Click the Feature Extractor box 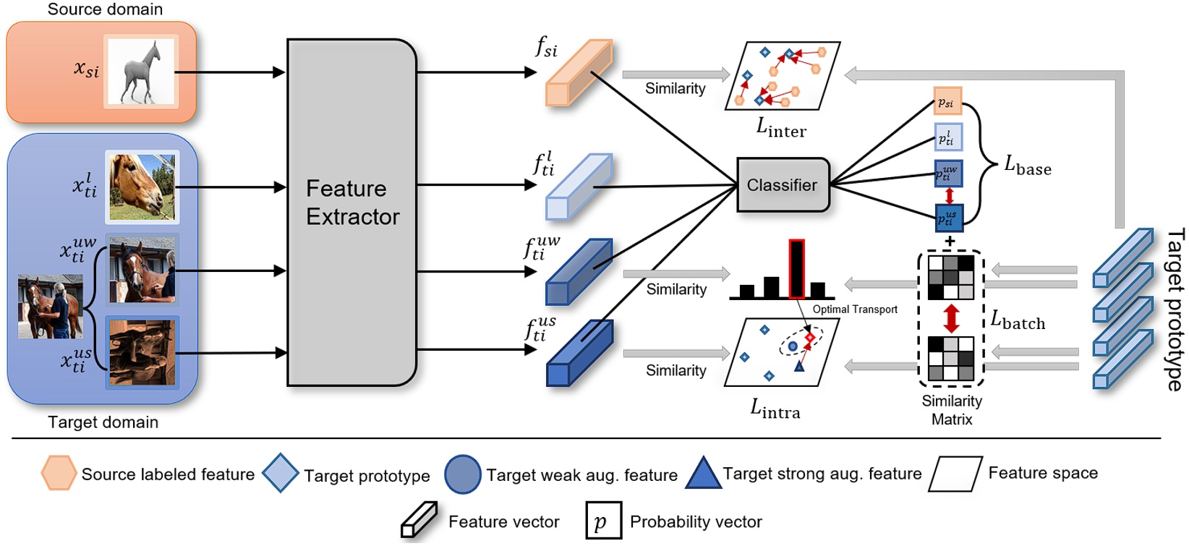[351, 211]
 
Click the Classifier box [783, 185]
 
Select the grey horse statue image [141, 72]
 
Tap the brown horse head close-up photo [142, 187]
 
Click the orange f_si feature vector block [579, 73]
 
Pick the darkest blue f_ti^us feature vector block [579, 353]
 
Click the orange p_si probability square [947, 102]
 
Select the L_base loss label [1027, 166]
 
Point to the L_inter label [781, 128]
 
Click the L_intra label [775, 409]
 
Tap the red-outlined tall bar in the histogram [796, 269]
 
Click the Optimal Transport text [855, 310]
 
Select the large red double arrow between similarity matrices [951, 318]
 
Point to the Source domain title [105, 9]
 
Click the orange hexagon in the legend [58, 473]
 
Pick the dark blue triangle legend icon [702, 474]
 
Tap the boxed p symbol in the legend [603, 521]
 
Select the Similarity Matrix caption [952, 410]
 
